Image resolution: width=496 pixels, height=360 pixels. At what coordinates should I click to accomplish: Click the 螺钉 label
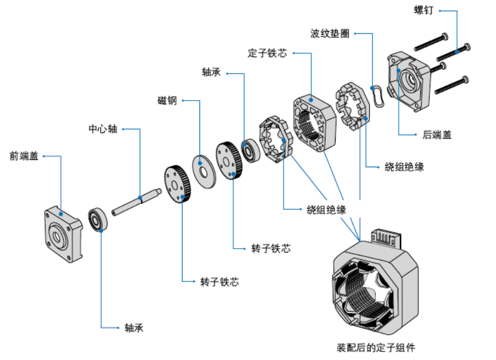tap(424, 10)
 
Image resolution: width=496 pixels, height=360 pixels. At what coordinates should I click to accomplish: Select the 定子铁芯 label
tap(267, 54)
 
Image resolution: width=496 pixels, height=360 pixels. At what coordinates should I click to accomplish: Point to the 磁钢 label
tap(167, 101)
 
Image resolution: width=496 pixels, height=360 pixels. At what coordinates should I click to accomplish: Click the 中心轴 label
tap(103, 129)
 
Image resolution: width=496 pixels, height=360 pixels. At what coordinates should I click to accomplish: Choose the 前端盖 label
tap(24, 156)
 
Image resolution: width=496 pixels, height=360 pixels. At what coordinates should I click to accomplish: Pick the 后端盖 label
tap(437, 135)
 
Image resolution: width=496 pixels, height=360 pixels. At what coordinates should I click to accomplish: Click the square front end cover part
tap(63, 234)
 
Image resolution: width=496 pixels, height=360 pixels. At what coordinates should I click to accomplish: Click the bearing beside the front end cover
tap(99, 219)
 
